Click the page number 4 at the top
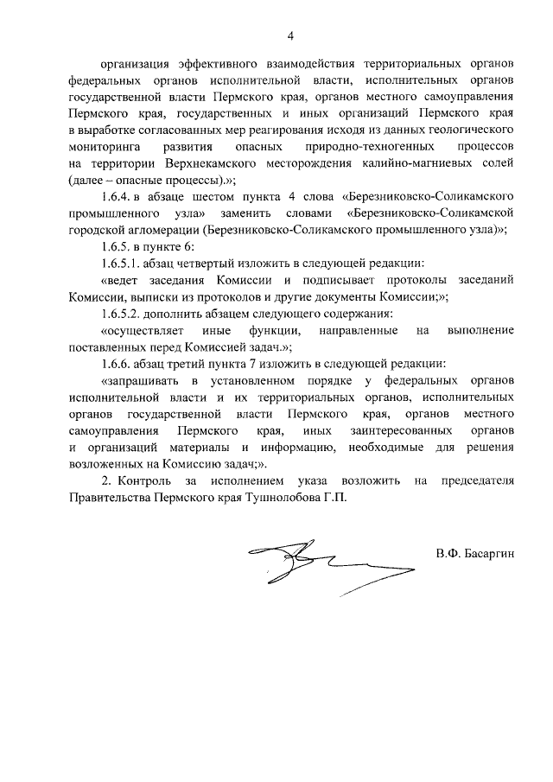coord(291,35)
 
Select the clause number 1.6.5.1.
coord(124,263)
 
